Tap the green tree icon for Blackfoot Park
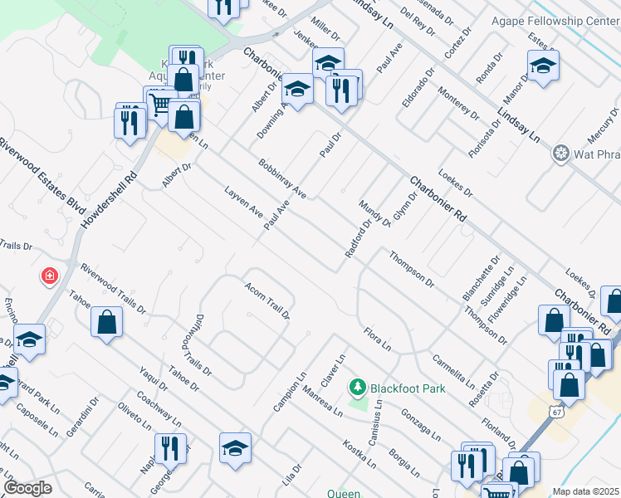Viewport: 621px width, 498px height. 358,388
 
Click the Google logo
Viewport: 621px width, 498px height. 27,488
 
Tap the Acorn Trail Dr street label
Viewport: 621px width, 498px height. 266,300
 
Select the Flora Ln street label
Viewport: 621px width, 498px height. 377,339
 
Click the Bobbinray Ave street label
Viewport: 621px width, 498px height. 282,178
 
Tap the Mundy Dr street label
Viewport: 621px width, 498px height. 374,213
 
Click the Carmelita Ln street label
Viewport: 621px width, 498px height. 452,371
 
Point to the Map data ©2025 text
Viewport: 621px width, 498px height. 586,491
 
